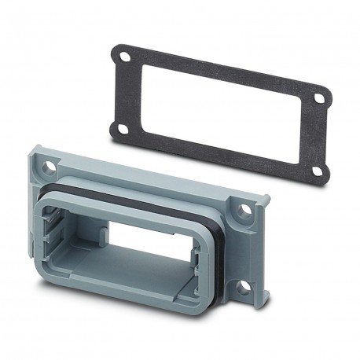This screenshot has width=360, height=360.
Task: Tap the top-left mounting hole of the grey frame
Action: pos(49,167)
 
